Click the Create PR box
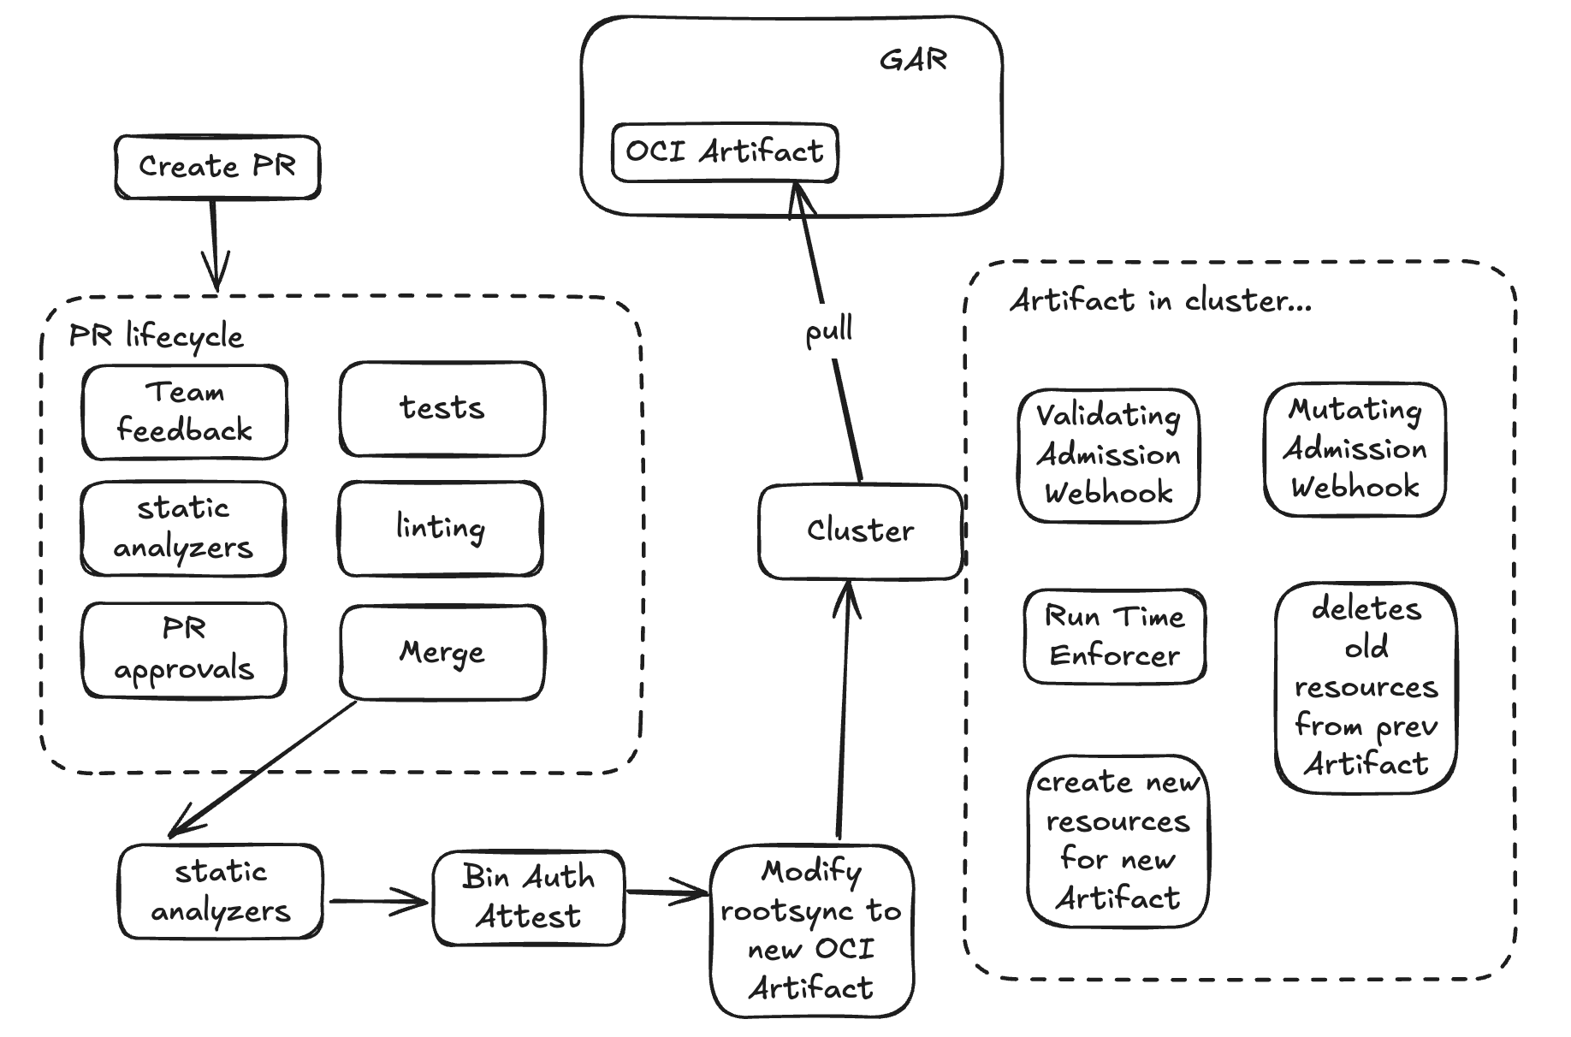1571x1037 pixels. coord(217,167)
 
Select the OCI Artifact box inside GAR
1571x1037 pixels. coord(724,152)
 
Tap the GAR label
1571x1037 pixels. coord(913,61)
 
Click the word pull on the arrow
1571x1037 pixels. coord(828,331)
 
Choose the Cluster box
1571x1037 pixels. coord(860,531)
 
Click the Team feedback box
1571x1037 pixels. coord(184,412)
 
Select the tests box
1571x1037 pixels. coord(442,409)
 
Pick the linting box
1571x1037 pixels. coord(441,528)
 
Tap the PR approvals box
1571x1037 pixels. coord(184,650)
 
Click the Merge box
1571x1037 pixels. coord(442,653)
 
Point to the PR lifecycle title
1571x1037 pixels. coord(156,336)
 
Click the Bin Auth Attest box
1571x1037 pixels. coord(528,898)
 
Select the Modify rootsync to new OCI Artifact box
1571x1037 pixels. coord(811,930)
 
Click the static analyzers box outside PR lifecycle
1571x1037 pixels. coord(221,892)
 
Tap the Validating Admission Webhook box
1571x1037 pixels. coord(1108,454)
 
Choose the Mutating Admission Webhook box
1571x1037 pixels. coord(1355,449)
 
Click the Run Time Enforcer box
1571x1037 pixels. coord(1114,636)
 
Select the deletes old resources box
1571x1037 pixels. coord(1366,687)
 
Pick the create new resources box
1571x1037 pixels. coord(1117,840)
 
